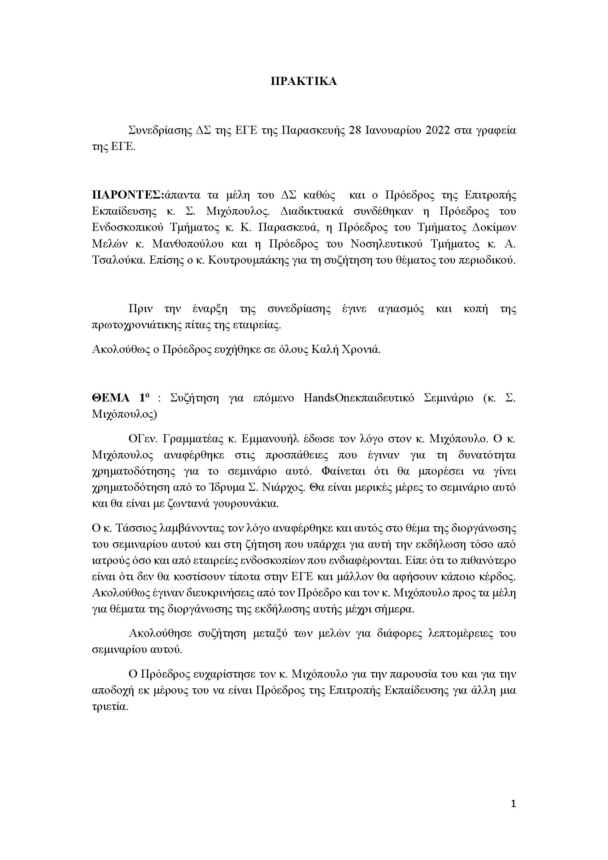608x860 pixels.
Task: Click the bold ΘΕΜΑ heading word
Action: tap(110, 398)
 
